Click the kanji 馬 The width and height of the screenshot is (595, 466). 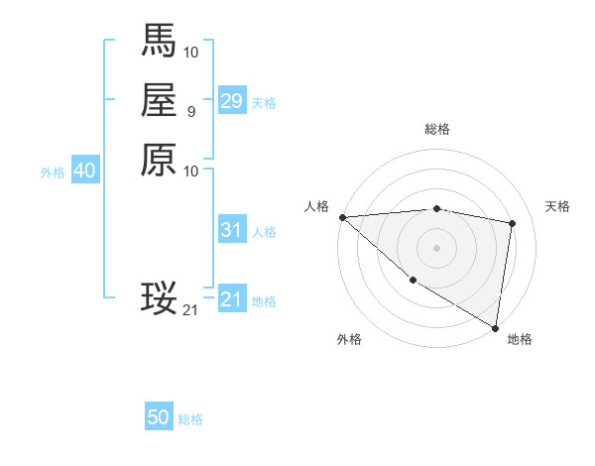pos(159,40)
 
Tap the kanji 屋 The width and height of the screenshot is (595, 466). pos(159,100)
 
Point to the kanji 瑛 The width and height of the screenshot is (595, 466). pos(159,297)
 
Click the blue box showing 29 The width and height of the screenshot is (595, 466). pos(232,101)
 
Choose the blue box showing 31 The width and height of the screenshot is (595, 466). pos(232,231)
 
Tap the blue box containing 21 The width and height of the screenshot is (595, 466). pos(232,299)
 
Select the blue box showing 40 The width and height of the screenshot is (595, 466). pos(85,172)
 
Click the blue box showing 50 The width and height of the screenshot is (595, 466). pos(159,417)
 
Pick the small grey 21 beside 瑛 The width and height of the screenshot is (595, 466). pos(190,310)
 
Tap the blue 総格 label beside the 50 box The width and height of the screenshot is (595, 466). pos(190,419)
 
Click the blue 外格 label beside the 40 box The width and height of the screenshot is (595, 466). pos(53,173)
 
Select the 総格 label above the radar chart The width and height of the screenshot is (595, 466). pos(437,129)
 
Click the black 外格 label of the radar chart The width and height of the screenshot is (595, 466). pos(349,340)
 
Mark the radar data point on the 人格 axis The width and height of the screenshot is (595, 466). pos(342,217)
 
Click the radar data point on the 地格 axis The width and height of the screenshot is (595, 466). pos(495,326)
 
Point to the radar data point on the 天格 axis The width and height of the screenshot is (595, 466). pos(513,223)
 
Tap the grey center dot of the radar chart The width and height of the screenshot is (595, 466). pos(437,247)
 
